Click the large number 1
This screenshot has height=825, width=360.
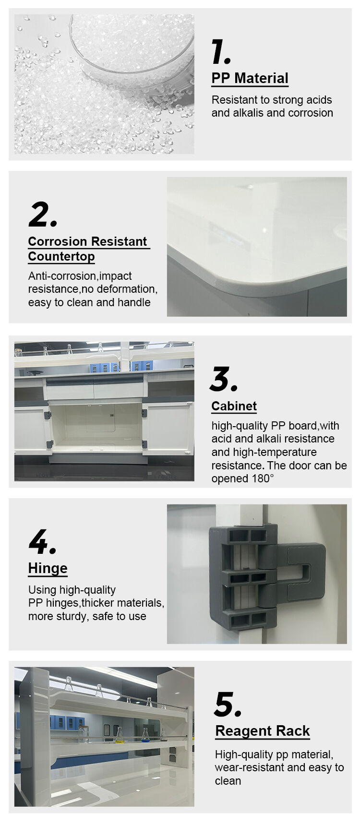(220, 52)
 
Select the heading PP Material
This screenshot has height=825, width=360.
(250, 78)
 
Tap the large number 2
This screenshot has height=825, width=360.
(42, 215)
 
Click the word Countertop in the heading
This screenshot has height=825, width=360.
(61, 256)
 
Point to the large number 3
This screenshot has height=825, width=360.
(223, 379)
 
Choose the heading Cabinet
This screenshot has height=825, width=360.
(234, 406)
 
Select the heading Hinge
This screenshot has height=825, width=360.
(48, 568)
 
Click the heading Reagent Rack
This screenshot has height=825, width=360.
(263, 731)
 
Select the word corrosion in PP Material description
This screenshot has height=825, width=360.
(309, 113)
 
